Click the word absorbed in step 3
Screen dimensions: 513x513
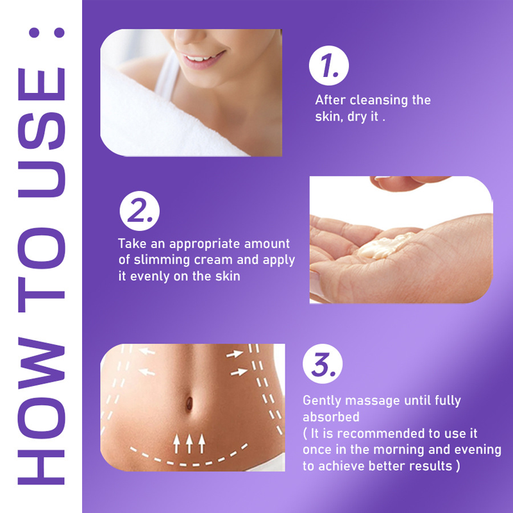pos(329,416)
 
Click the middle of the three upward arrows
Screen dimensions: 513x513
pos(190,442)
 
